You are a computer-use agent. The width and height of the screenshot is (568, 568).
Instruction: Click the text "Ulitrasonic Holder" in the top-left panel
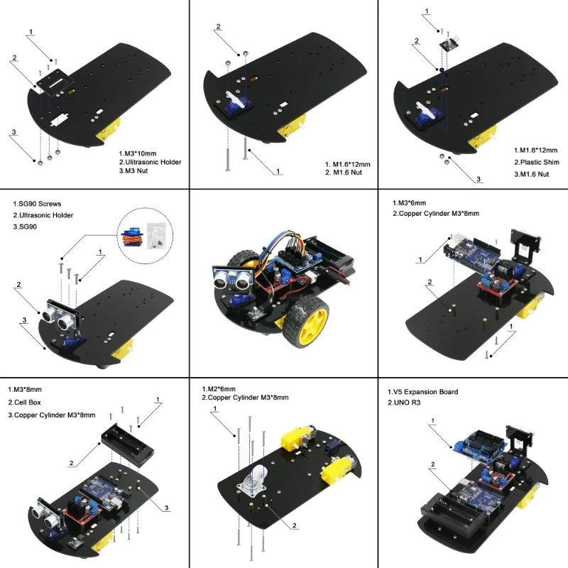153,162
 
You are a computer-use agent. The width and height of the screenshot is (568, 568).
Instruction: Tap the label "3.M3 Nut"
136,171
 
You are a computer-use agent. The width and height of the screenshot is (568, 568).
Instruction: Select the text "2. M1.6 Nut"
344,173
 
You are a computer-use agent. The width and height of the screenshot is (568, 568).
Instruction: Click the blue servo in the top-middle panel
234,106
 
